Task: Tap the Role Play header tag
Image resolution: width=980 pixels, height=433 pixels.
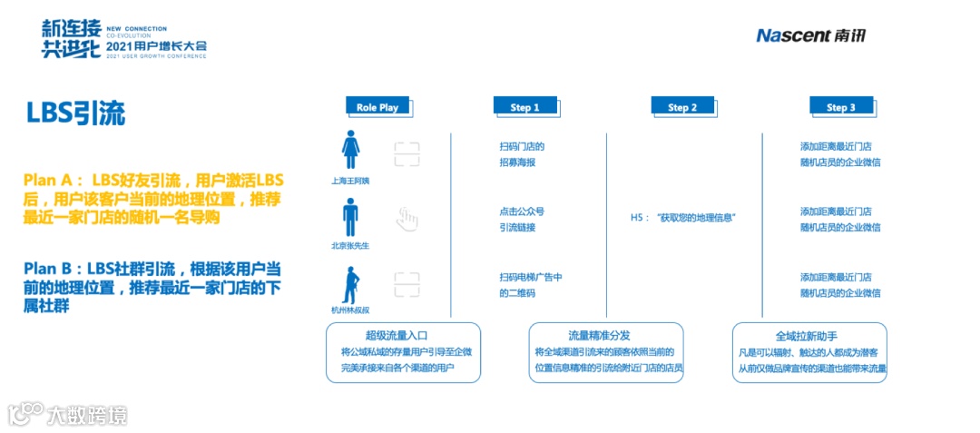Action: coord(377,107)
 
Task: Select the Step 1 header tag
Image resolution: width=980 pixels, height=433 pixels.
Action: coord(525,107)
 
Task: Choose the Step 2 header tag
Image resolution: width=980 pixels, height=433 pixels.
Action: coord(682,107)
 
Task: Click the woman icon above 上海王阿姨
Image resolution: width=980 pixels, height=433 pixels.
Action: coord(350,151)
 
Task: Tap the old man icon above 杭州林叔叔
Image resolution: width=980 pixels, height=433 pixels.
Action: coord(348,284)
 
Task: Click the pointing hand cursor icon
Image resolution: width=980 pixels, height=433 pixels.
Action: coord(407,219)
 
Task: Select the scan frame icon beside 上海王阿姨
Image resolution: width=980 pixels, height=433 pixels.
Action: coord(407,153)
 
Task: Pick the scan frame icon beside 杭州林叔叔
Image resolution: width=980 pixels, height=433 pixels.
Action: coord(407,284)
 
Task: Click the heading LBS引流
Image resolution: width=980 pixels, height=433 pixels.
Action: coord(75,113)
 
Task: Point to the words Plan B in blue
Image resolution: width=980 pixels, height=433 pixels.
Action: coord(53,269)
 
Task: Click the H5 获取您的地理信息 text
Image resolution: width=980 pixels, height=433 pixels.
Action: coord(682,218)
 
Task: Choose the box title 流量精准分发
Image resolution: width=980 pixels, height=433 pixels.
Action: coord(605,335)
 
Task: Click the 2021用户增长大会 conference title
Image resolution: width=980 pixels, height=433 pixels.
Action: coord(156,44)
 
